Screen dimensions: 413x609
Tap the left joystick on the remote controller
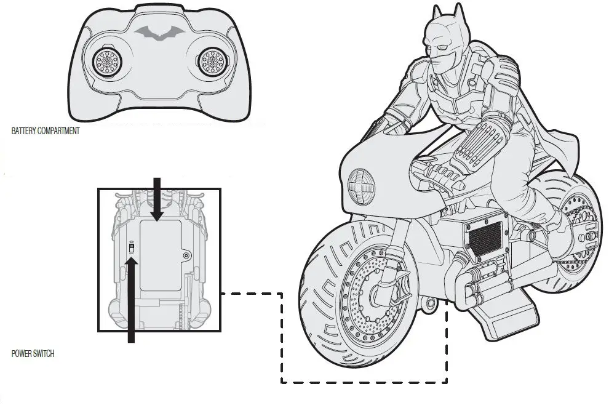[106, 62]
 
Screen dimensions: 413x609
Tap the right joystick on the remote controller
[212, 61]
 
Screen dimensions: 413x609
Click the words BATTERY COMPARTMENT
[46, 131]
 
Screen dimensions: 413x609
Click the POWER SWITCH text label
[33, 354]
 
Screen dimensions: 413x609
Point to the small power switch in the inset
[131, 247]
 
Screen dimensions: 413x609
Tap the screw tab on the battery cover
[186, 254]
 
